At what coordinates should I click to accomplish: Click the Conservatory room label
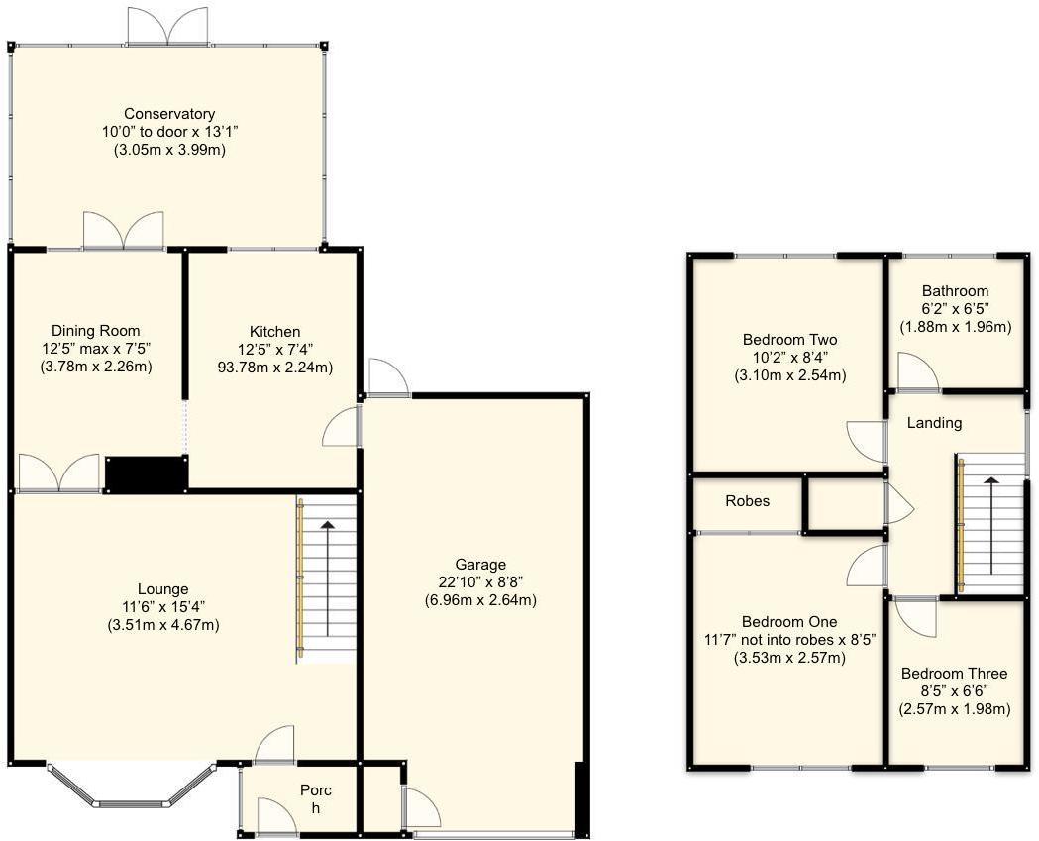tap(169, 114)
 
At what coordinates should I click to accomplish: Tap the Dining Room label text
tap(96, 331)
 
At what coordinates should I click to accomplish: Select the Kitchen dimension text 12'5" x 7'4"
tap(275, 350)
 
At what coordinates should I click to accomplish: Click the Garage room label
tap(480, 565)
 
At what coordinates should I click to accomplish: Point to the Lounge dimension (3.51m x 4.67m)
tap(163, 625)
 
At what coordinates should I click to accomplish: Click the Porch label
tap(316, 799)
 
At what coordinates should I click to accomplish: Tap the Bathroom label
tap(956, 291)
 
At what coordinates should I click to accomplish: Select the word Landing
tap(934, 423)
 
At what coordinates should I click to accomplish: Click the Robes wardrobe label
tap(748, 501)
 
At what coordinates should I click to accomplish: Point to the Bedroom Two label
tap(789, 340)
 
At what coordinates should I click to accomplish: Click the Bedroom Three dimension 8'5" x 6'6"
tap(954, 691)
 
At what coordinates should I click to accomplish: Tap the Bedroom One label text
tap(789, 622)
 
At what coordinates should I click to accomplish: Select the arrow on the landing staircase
tap(991, 526)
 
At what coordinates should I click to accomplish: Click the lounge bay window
tap(133, 788)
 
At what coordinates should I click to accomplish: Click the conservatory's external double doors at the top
tap(168, 27)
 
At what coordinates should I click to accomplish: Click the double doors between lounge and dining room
tap(59, 473)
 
